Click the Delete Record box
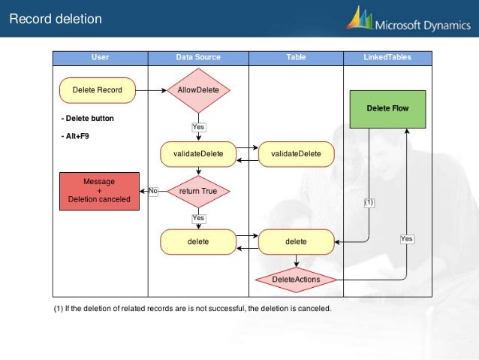(x=97, y=90)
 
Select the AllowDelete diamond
(x=198, y=90)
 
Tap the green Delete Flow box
(x=387, y=108)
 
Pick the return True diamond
(x=198, y=191)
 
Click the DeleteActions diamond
(x=296, y=280)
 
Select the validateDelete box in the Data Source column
(x=198, y=153)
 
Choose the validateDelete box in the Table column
(x=296, y=153)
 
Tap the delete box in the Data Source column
(x=198, y=242)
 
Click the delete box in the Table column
(x=296, y=242)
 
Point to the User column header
(x=100, y=56)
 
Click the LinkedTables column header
(x=387, y=56)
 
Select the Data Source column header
(x=198, y=56)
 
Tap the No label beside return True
(x=152, y=191)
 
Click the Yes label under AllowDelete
(x=198, y=127)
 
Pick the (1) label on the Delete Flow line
(x=369, y=202)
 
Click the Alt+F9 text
(x=75, y=136)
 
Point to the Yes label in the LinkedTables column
(x=406, y=238)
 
